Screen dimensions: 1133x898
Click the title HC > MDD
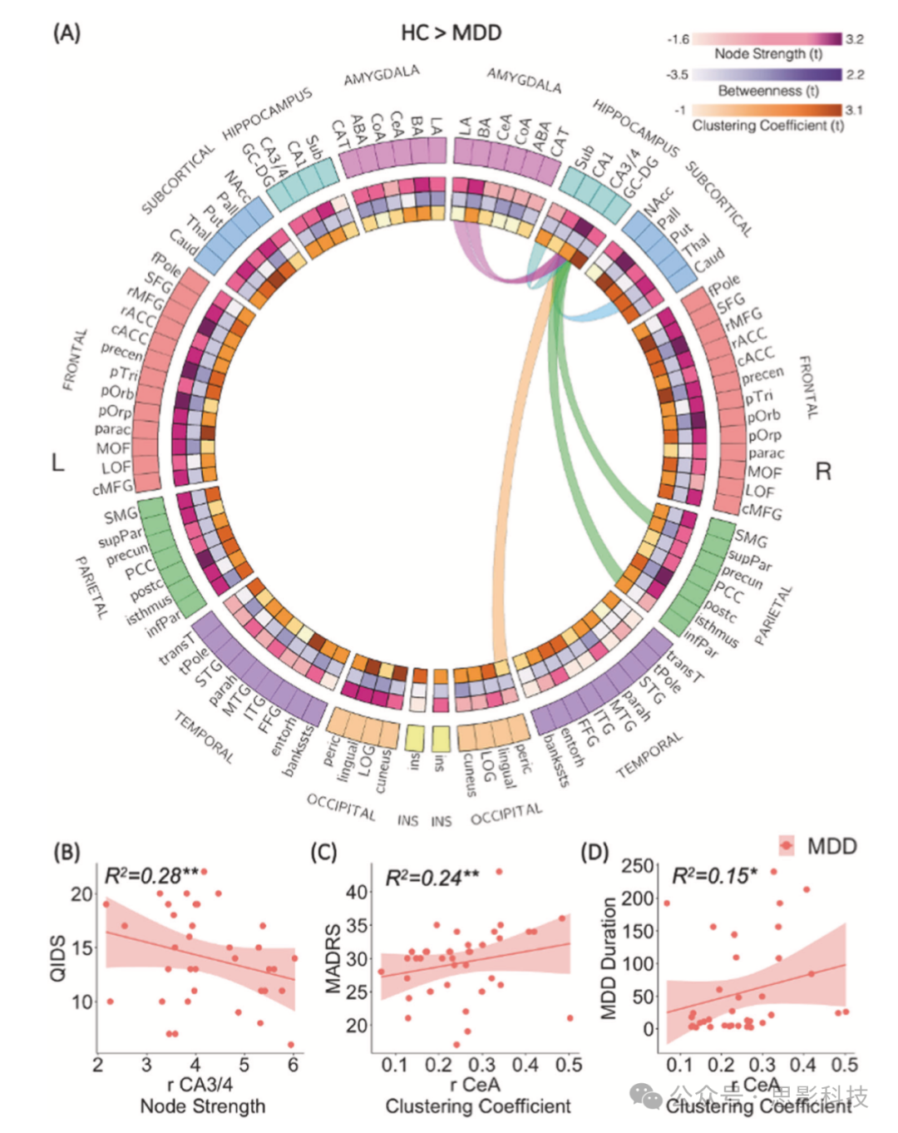click(451, 33)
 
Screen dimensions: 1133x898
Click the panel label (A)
click(67, 33)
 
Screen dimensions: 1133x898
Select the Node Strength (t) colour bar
click(767, 39)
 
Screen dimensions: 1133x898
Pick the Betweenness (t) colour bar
click(767, 75)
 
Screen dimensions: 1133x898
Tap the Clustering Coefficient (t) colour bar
click(767, 110)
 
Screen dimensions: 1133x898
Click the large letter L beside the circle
click(57, 463)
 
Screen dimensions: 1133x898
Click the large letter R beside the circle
click(822, 472)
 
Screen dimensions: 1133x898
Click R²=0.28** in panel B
click(151, 875)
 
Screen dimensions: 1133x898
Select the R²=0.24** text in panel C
click(432, 878)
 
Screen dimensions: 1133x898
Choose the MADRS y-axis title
click(333, 957)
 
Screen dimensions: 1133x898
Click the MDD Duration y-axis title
click(609, 957)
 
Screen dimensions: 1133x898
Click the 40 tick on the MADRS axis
click(357, 892)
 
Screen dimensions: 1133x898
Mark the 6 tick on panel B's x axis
click(293, 1065)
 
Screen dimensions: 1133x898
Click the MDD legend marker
click(786, 846)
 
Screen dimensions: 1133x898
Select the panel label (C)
click(323, 853)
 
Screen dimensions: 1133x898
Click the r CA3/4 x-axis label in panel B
click(200, 1085)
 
